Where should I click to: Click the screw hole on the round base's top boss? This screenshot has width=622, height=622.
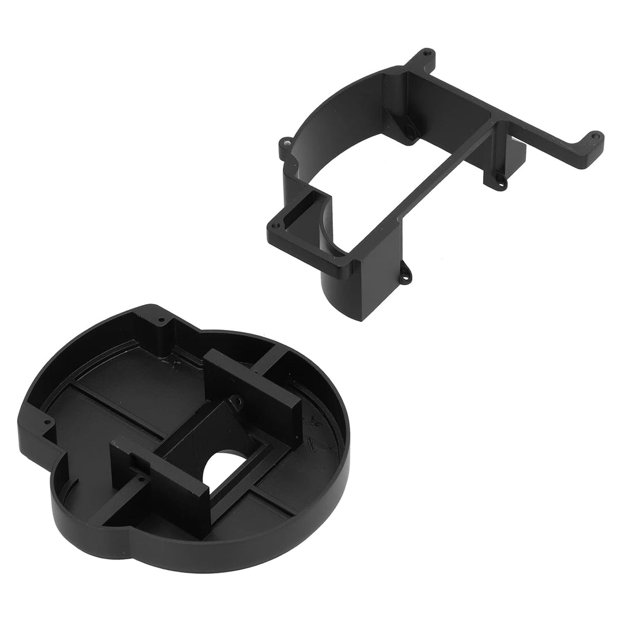[161, 318]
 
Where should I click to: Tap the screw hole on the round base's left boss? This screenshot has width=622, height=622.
[47, 424]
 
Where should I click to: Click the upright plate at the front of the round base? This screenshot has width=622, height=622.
[158, 484]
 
